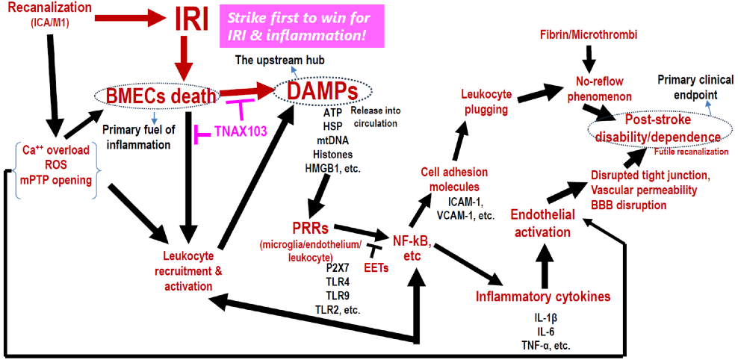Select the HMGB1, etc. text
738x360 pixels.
[x=333, y=168]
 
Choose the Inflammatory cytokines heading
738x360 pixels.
[x=543, y=297]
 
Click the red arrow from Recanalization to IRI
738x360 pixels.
[x=127, y=13]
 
